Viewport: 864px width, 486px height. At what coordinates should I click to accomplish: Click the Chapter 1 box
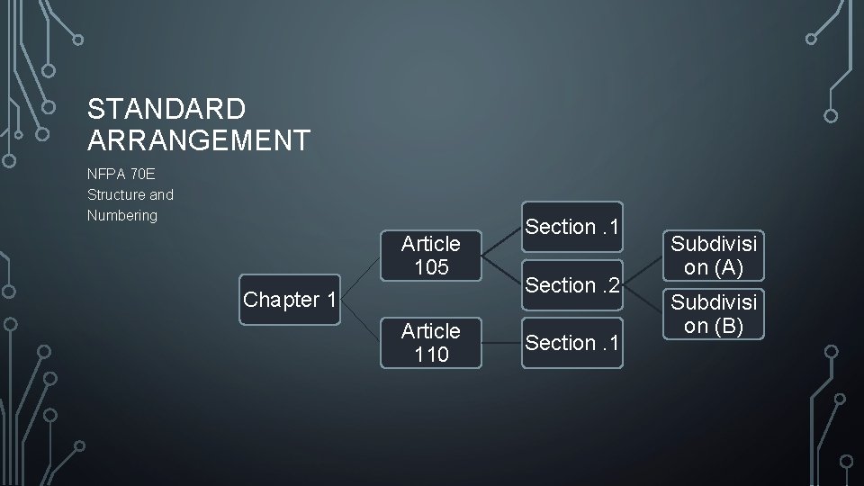pyautogui.click(x=290, y=299)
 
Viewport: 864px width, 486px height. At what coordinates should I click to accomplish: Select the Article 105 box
pyautogui.click(x=430, y=255)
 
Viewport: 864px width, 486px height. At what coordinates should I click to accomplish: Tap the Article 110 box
pyautogui.click(x=430, y=343)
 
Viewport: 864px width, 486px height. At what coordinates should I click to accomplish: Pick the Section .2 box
pyautogui.click(x=573, y=285)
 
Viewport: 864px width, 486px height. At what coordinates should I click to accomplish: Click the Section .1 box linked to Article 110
pyautogui.click(x=573, y=343)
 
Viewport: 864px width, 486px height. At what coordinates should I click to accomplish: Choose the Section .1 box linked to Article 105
pyautogui.click(x=573, y=227)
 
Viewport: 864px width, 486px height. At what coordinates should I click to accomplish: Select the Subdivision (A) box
pyautogui.click(x=714, y=255)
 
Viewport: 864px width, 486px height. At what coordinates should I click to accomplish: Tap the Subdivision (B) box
pyautogui.click(x=714, y=312)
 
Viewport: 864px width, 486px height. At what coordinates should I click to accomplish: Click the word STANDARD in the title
pyautogui.click(x=166, y=110)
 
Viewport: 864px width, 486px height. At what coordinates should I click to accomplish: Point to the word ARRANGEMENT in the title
pyautogui.click(x=200, y=140)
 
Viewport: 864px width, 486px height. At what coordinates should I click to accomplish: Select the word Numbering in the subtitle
pyautogui.click(x=122, y=216)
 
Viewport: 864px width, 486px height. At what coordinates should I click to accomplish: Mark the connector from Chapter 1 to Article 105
pyautogui.click(x=361, y=276)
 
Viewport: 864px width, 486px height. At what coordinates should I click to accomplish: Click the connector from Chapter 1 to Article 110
pyautogui.click(x=361, y=321)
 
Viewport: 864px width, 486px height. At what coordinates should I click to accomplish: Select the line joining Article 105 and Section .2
pyautogui.click(x=501, y=270)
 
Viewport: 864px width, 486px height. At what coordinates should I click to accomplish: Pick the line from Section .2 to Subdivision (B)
pyautogui.click(x=643, y=299)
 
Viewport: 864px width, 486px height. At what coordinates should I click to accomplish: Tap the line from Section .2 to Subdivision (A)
pyautogui.click(x=643, y=270)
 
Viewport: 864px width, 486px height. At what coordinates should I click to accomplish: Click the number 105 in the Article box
pyautogui.click(x=430, y=266)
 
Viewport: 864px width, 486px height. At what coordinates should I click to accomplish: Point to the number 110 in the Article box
pyautogui.click(x=430, y=355)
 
